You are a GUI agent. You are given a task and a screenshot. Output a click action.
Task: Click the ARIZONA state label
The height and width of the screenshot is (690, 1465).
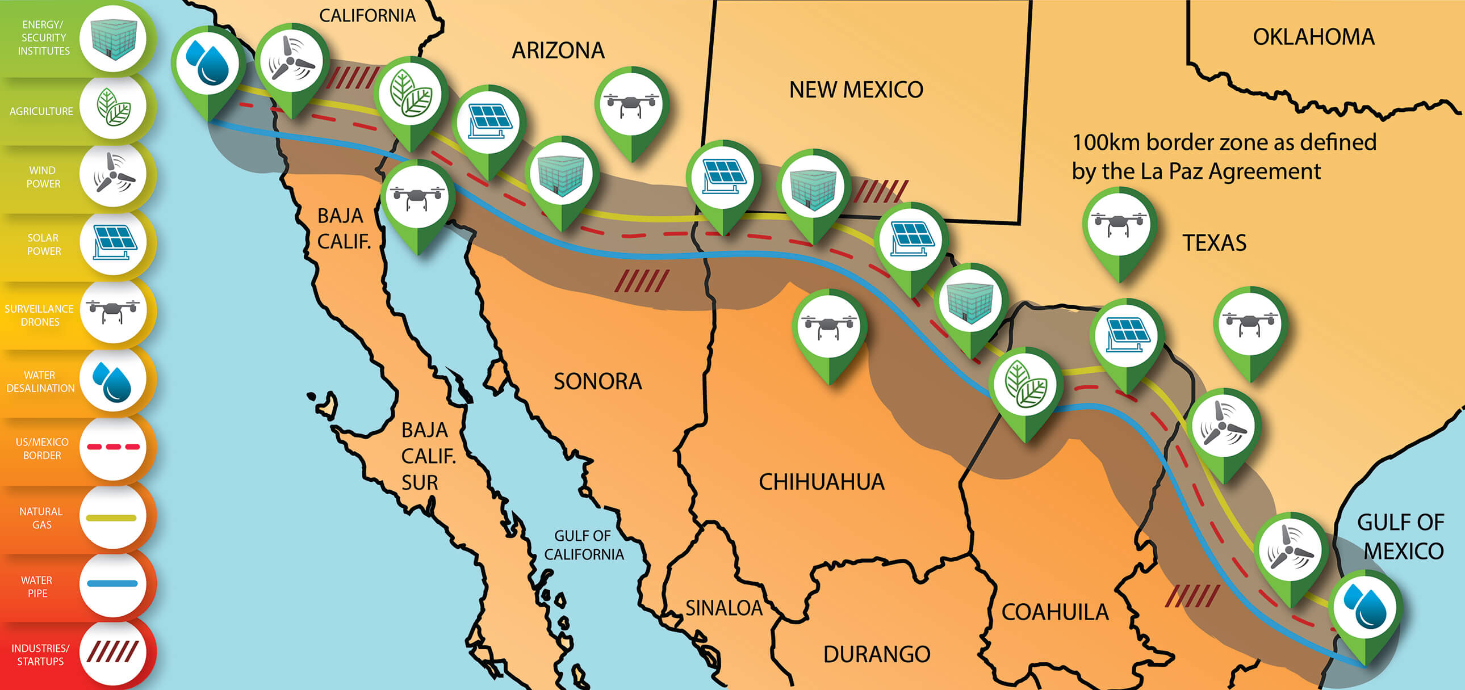[558, 51]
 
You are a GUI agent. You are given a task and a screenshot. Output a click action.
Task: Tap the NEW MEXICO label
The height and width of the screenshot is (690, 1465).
[856, 90]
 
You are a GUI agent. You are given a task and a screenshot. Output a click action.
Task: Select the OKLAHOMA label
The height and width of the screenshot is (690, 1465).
[1313, 37]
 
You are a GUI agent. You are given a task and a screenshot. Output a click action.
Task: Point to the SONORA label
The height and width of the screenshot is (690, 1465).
[598, 381]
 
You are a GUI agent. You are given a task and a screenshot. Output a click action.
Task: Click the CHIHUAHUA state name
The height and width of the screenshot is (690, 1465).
[821, 482]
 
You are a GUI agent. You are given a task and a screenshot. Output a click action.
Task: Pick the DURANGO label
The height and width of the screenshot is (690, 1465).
[876, 654]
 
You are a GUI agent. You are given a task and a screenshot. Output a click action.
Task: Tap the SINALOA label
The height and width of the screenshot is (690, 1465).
[723, 608]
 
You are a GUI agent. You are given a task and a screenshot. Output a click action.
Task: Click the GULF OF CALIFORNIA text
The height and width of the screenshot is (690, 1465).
[584, 545]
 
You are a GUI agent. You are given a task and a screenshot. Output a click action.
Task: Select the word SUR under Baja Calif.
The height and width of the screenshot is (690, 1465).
[420, 482]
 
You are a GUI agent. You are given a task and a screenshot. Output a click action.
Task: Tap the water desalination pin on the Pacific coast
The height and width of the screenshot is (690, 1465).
[208, 64]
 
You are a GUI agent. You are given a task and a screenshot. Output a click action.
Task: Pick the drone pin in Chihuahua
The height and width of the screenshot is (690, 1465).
[829, 326]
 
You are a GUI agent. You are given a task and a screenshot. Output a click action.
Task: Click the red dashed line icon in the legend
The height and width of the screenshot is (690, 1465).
[113, 447]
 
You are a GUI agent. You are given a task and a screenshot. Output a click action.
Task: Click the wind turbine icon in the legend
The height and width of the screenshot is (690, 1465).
[113, 174]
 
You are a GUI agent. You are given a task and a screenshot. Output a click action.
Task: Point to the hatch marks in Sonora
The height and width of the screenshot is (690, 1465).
[642, 281]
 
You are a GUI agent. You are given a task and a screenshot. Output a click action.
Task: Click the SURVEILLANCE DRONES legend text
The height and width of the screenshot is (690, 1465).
[39, 315]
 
